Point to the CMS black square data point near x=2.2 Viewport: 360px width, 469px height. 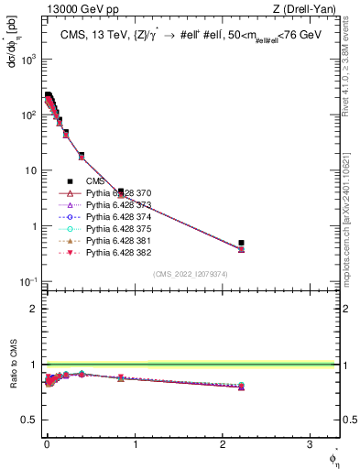point(241,243)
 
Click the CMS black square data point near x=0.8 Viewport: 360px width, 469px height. point(121,191)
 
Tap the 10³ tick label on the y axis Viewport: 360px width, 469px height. point(28,59)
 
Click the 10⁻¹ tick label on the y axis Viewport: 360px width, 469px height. point(28,281)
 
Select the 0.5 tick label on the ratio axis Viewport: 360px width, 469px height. point(28,420)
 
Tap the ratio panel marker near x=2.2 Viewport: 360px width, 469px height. point(241,387)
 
